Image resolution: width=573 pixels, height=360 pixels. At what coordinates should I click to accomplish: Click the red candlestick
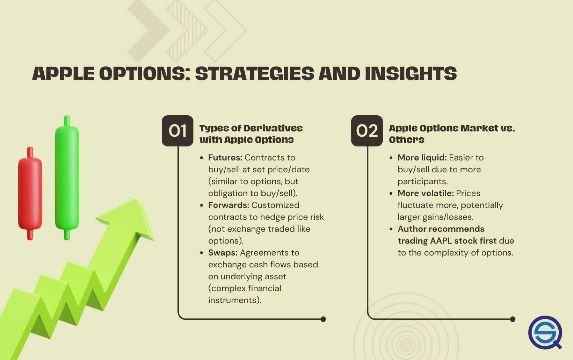click(30, 193)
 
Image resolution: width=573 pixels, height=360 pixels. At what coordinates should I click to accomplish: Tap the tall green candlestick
click(67, 178)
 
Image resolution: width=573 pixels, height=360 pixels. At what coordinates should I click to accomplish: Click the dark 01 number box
click(177, 131)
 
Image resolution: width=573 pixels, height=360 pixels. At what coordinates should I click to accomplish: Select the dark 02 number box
click(367, 131)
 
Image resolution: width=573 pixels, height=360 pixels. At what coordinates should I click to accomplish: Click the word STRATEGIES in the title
click(254, 74)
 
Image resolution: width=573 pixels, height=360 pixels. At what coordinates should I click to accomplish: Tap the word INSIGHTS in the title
click(411, 74)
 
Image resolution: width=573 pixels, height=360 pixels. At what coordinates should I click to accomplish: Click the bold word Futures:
click(225, 157)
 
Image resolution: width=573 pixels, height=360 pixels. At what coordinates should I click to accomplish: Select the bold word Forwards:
click(229, 205)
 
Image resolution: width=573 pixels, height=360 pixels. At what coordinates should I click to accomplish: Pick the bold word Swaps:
click(223, 253)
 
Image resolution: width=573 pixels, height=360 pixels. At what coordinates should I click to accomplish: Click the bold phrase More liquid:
click(422, 157)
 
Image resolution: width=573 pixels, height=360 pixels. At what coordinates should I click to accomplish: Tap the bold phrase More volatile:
click(425, 193)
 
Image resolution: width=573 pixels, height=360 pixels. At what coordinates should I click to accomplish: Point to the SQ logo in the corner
click(545, 333)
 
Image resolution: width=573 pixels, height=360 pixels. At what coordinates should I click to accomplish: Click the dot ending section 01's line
click(323, 319)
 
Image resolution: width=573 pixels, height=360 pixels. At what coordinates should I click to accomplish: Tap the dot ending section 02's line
click(513, 319)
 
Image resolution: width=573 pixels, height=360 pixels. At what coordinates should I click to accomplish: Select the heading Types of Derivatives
click(251, 128)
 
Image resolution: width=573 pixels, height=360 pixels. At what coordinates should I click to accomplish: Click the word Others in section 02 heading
click(406, 140)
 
